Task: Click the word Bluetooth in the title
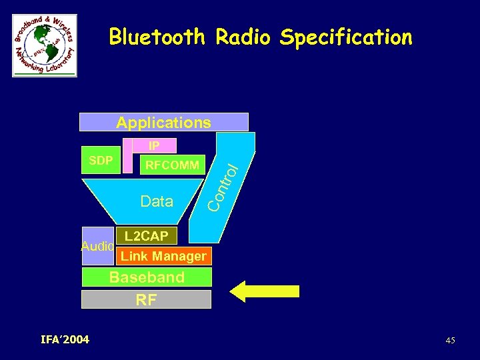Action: (x=157, y=37)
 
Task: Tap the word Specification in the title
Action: (x=346, y=37)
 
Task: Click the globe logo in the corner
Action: (x=44, y=45)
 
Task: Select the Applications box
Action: (x=163, y=122)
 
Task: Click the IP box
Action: (x=154, y=145)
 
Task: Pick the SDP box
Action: (x=101, y=161)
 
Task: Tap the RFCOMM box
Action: (x=172, y=165)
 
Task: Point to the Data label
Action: (x=157, y=201)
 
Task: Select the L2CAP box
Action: (x=146, y=236)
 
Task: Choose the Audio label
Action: (x=97, y=247)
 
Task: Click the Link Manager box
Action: (x=163, y=256)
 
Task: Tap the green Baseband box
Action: (x=147, y=277)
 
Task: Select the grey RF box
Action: (x=146, y=299)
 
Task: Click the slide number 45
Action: (x=450, y=341)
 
